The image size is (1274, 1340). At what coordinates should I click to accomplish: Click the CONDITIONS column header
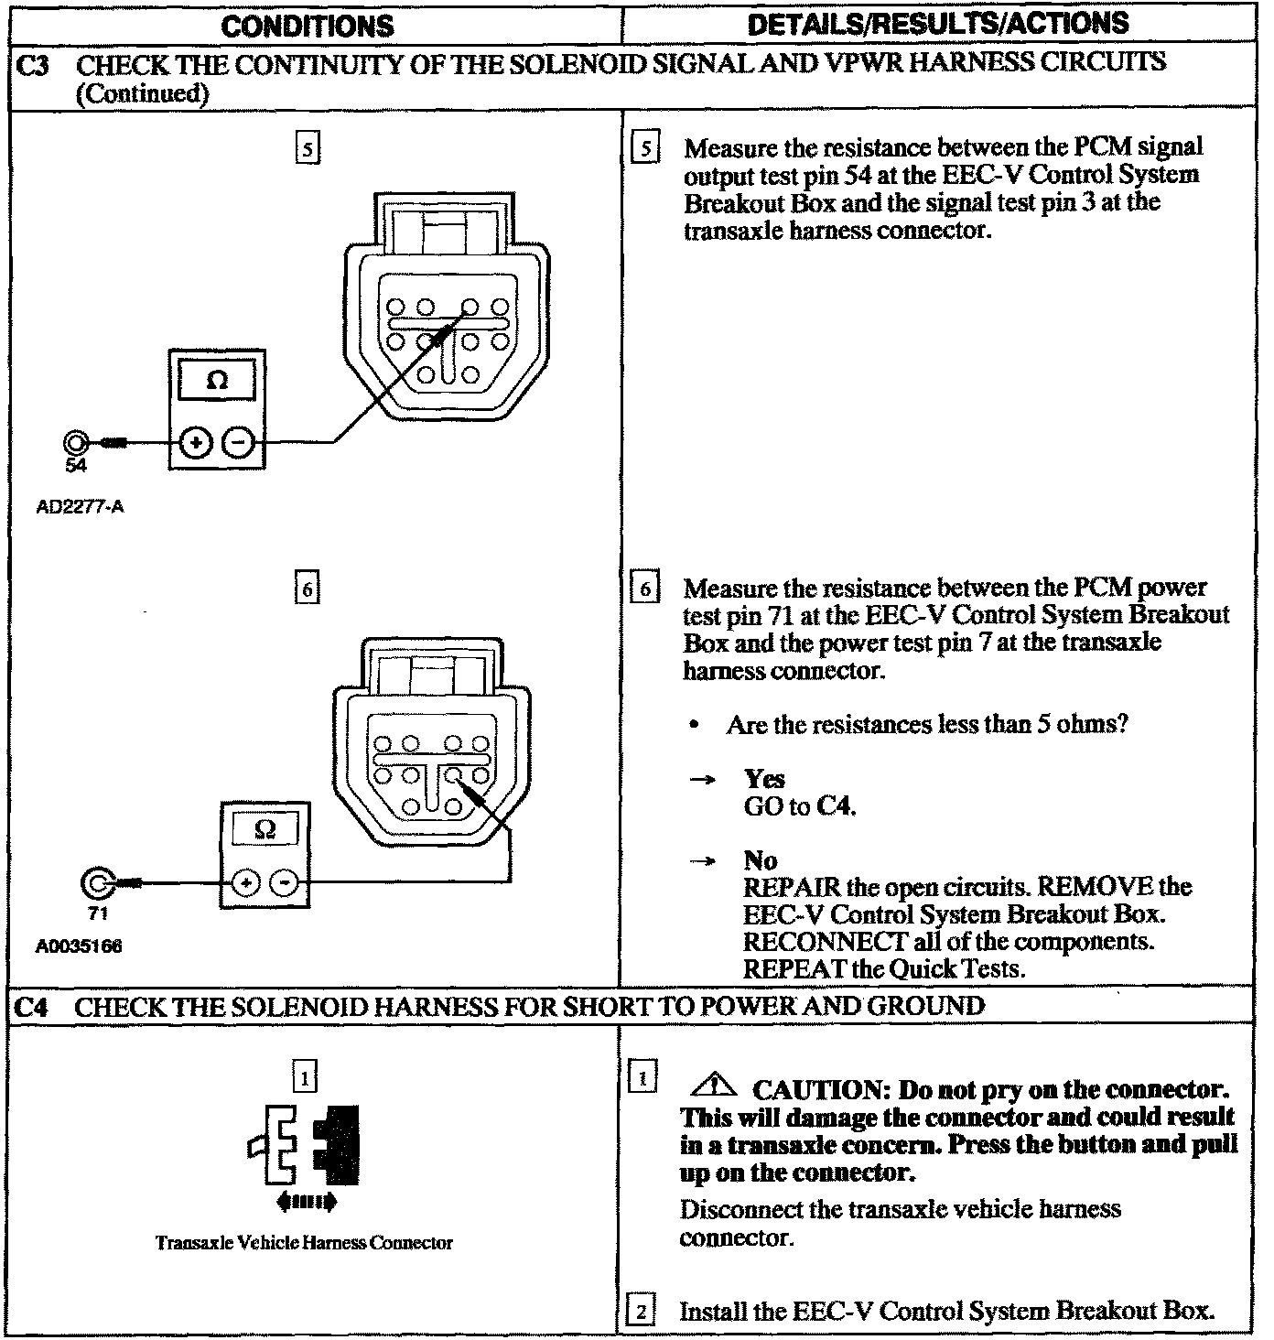[x=308, y=26]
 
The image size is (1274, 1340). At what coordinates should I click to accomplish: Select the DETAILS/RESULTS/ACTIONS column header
[x=938, y=24]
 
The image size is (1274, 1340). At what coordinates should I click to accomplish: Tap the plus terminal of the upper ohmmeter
[x=195, y=443]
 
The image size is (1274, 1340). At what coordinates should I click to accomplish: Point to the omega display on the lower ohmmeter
[x=265, y=829]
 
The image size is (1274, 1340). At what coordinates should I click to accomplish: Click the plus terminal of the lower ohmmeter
[x=245, y=882]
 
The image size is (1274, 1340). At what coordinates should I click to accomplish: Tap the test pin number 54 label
[x=76, y=466]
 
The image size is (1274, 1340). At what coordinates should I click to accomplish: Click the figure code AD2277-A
[x=80, y=505]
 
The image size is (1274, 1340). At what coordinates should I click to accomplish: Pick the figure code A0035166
[x=79, y=947]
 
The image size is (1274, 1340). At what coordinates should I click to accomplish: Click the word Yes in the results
[x=764, y=779]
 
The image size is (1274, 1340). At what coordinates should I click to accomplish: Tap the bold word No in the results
[x=761, y=860]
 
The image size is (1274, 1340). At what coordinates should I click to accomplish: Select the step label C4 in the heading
[x=31, y=1007]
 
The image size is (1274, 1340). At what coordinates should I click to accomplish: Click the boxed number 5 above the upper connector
[x=308, y=148]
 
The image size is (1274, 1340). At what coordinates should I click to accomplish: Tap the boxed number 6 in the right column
[x=644, y=589]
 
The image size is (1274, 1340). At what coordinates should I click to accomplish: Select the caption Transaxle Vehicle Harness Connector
[x=304, y=1243]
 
